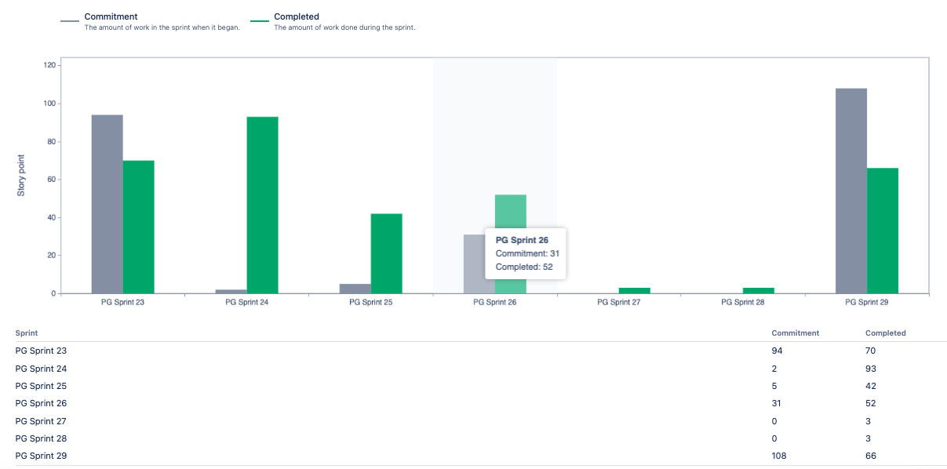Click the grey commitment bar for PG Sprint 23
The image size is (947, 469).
pyautogui.click(x=107, y=204)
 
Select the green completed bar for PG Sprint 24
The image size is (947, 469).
pyautogui.click(x=263, y=205)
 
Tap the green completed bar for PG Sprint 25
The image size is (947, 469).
pyautogui.click(x=386, y=253)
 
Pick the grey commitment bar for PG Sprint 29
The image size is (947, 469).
pyautogui.click(x=851, y=191)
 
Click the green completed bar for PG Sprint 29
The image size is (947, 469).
pyautogui.click(x=883, y=231)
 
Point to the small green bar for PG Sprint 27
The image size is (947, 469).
pyautogui.click(x=634, y=291)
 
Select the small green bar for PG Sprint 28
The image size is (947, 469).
pyautogui.click(x=759, y=291)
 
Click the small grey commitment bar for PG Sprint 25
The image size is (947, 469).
pyautogui.click(x=355, y=289)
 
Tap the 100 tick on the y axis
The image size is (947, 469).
pyautogui.click(x=49, y=104)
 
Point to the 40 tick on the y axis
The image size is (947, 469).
pyautogui.click(x=52, y=217)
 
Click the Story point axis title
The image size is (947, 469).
pyautogui.click(x=20, y=176)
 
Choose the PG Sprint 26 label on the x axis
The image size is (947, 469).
pyautogui.click(x=494, y=302)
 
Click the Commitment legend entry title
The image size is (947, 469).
pyautogui.click(x=111, y=16)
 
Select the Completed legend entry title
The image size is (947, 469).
pyautogui.click(x=297, y=16)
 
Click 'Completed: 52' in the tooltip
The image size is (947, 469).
pyautogui.click(x=524, y=267)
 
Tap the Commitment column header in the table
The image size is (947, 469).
pyautogui.click(x=796, y=333)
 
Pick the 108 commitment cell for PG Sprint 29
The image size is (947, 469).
pyautogui.click(x=779, y=456)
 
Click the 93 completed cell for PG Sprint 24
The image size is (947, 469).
pyautogui.click(x=870, y=369)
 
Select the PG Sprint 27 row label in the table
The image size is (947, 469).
pyautogui.click(x=41, y=421)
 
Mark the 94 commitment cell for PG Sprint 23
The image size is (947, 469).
pyautogui.click(x=777, y=351)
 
